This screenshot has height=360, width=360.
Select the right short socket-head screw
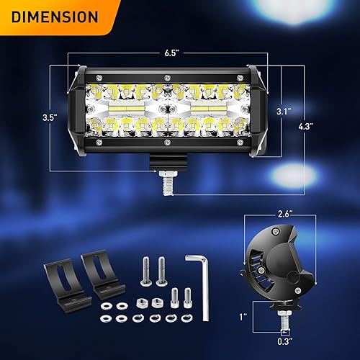[x=187, y=297]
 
